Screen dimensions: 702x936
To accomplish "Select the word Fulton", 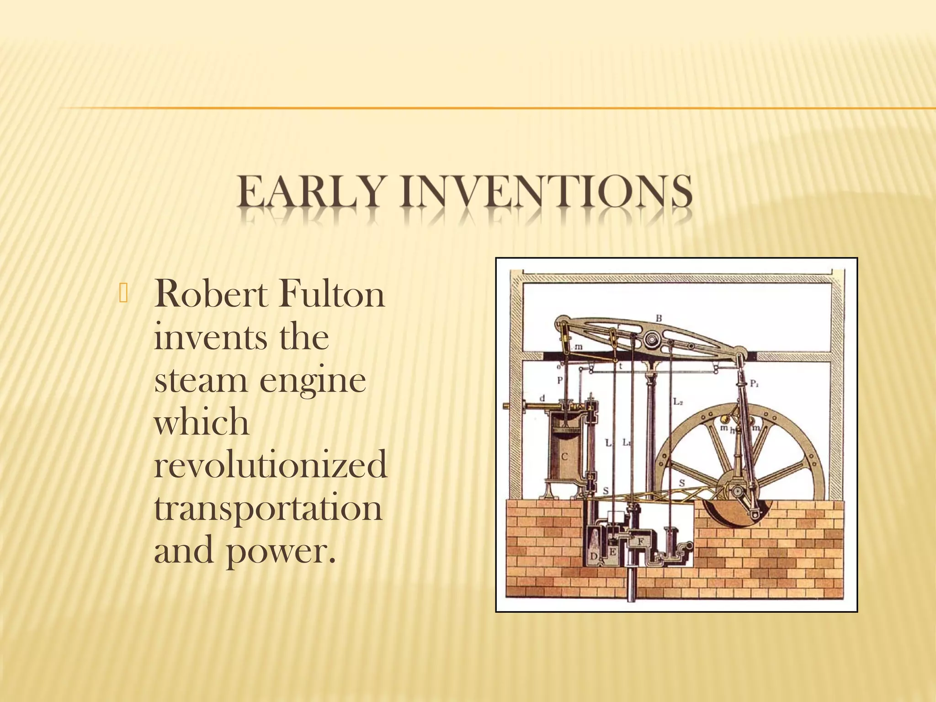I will pos(331,295).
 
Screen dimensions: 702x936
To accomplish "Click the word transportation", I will pos(268,508).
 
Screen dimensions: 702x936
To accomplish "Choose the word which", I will pos(202,422).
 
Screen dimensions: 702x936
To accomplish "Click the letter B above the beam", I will pos(659,318).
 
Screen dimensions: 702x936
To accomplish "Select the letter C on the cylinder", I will pos(564,457).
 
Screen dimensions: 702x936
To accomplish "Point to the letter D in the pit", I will pos(594,556).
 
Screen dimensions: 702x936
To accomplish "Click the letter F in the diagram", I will pos(641,541).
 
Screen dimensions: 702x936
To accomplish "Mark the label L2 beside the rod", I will pos(678,403).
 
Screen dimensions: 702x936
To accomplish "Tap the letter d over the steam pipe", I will pos(542,399).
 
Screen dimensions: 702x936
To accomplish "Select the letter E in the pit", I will pos(613,552).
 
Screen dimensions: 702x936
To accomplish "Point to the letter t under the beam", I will pos(620,367).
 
